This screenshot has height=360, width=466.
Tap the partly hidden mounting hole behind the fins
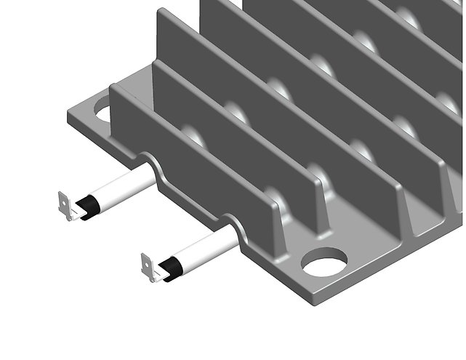coord(102,113)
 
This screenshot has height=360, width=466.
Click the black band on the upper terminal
coord(91,206)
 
